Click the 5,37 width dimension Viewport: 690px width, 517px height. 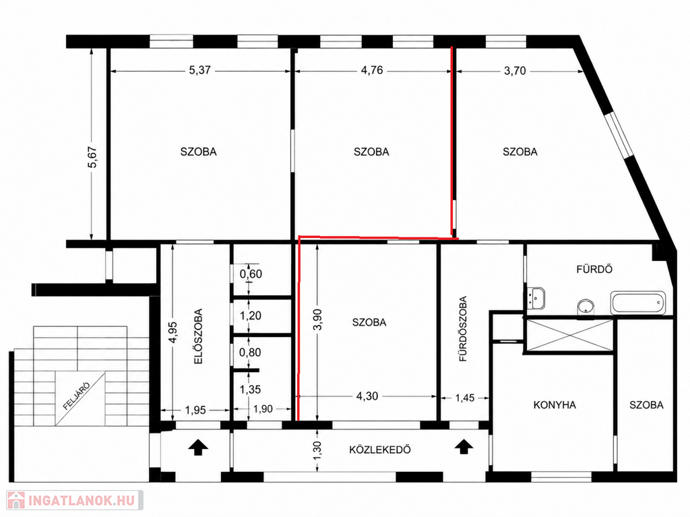[199, 71]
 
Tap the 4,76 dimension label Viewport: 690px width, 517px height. [372, 71]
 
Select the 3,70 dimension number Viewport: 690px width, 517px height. [515, 71]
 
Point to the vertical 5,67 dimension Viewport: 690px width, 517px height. [93, 157]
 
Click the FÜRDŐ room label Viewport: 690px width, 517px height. [594, 269]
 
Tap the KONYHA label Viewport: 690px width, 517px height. [555, 404]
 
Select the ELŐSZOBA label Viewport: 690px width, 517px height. [199, 336]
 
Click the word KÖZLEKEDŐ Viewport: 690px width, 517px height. [380, 450]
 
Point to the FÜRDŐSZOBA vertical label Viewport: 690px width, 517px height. [463, 328]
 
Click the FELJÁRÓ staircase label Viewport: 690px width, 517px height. [77, 396]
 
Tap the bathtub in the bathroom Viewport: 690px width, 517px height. [637, 303]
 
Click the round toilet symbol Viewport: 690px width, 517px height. [586, 307]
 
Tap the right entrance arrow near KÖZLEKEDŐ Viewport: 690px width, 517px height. [463, 446]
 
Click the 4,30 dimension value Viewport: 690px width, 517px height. [367, 396]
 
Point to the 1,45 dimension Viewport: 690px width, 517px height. [465, 398]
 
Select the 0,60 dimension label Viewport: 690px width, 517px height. [251, 274]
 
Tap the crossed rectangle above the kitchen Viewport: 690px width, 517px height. [570, 336]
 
